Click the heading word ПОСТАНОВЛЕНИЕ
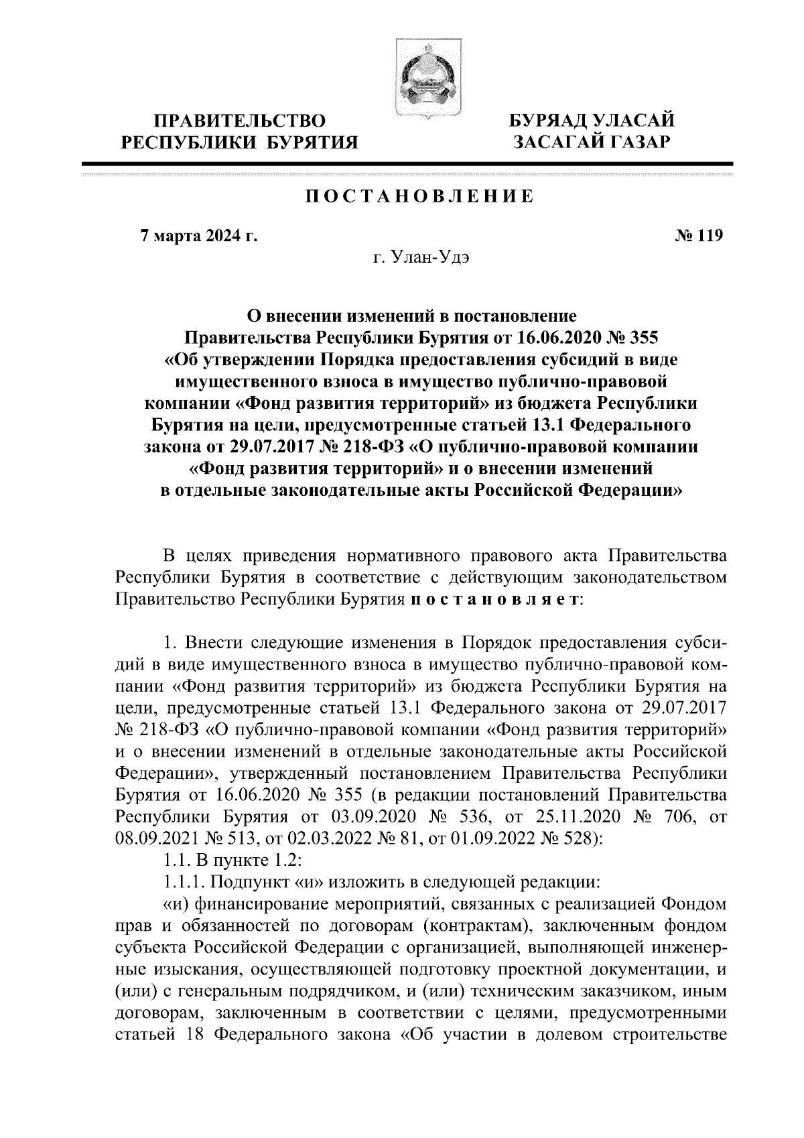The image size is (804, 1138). point(419,197)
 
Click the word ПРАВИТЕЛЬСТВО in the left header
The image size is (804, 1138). point(239,121)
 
